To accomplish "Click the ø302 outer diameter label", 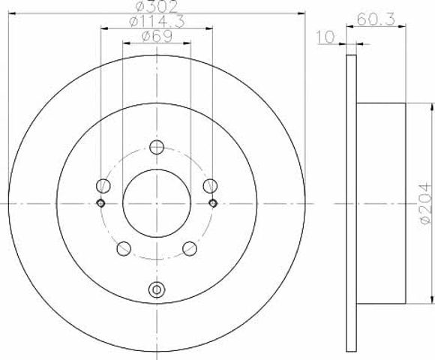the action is [157, 7].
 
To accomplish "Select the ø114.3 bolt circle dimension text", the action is [157, 22].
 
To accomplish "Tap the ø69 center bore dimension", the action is [157, 36].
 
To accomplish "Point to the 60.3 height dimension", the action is [376, 19].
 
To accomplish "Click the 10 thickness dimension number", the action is [325, 37].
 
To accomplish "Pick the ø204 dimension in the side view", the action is [426, 203].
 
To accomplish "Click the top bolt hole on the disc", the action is [157, 147].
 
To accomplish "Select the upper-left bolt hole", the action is [103, 185].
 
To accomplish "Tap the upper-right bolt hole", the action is [210, 185].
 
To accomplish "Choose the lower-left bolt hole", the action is [124, 248].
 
